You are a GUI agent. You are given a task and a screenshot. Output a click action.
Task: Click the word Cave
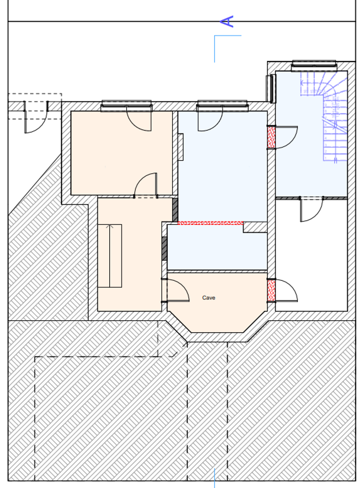coord(208,297)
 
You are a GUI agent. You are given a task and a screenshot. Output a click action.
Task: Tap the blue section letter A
coord(227,21)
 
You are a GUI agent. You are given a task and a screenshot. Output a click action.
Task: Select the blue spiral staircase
coord(324,115)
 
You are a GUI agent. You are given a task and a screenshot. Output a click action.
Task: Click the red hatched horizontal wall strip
coord(210,223)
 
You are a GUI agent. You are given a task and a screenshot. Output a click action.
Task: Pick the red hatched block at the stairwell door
coord(271,137)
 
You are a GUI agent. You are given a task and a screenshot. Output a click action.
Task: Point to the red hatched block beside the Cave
coord(271,290)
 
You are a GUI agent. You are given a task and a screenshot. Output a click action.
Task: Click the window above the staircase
coord(314,66)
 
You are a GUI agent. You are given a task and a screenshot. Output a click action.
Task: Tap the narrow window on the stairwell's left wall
coord(271,89)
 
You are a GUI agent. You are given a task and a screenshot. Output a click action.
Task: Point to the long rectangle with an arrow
coord(110,255)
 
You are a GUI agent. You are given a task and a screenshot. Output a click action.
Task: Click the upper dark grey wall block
coord(175,210)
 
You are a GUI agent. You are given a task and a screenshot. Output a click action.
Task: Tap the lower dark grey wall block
coord(165,249)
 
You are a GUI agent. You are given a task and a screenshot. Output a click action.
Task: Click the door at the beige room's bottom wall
coord(145,185)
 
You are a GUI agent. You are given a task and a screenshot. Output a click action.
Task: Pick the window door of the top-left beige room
coord(139,118)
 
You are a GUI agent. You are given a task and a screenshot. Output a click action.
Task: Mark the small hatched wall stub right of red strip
coord(255,227)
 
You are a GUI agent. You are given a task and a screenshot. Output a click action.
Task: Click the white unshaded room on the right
coord(311,255)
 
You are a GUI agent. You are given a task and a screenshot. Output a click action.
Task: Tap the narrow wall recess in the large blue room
coord(180,147)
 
